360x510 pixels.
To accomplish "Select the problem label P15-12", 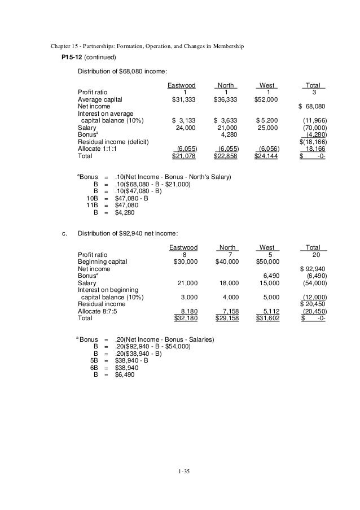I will point(68,58).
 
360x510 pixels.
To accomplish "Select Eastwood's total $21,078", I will point(184,155).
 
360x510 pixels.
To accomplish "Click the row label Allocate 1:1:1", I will point(98,149).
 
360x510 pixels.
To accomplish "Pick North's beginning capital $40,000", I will point(227,261).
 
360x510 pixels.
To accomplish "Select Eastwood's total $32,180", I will point(184,318).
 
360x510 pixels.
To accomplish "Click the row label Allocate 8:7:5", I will point(98,311).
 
